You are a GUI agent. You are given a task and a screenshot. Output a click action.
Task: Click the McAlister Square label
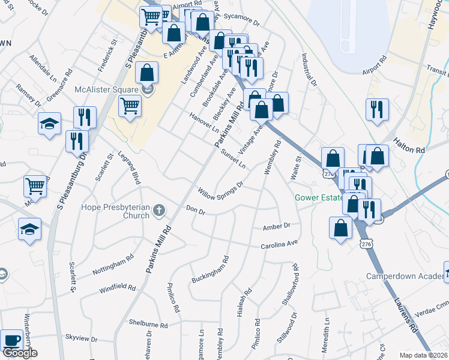tap(107, 90)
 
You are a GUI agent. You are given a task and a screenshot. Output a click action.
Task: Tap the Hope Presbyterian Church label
tap(116, 213)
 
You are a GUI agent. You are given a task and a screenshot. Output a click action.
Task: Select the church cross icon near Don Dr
tap(158, 209)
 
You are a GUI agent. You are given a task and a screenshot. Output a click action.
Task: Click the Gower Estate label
tap(318, 198)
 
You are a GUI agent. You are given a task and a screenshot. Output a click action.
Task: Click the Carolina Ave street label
tap(279, 245)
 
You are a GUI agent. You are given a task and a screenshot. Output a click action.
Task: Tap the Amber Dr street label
tap(277, 227)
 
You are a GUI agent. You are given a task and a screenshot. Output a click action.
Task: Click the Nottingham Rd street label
tap(113, 268)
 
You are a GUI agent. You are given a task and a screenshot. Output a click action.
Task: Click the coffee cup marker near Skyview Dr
tap(12, 340)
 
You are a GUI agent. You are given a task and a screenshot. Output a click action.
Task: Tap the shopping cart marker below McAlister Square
tap(130, 107)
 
